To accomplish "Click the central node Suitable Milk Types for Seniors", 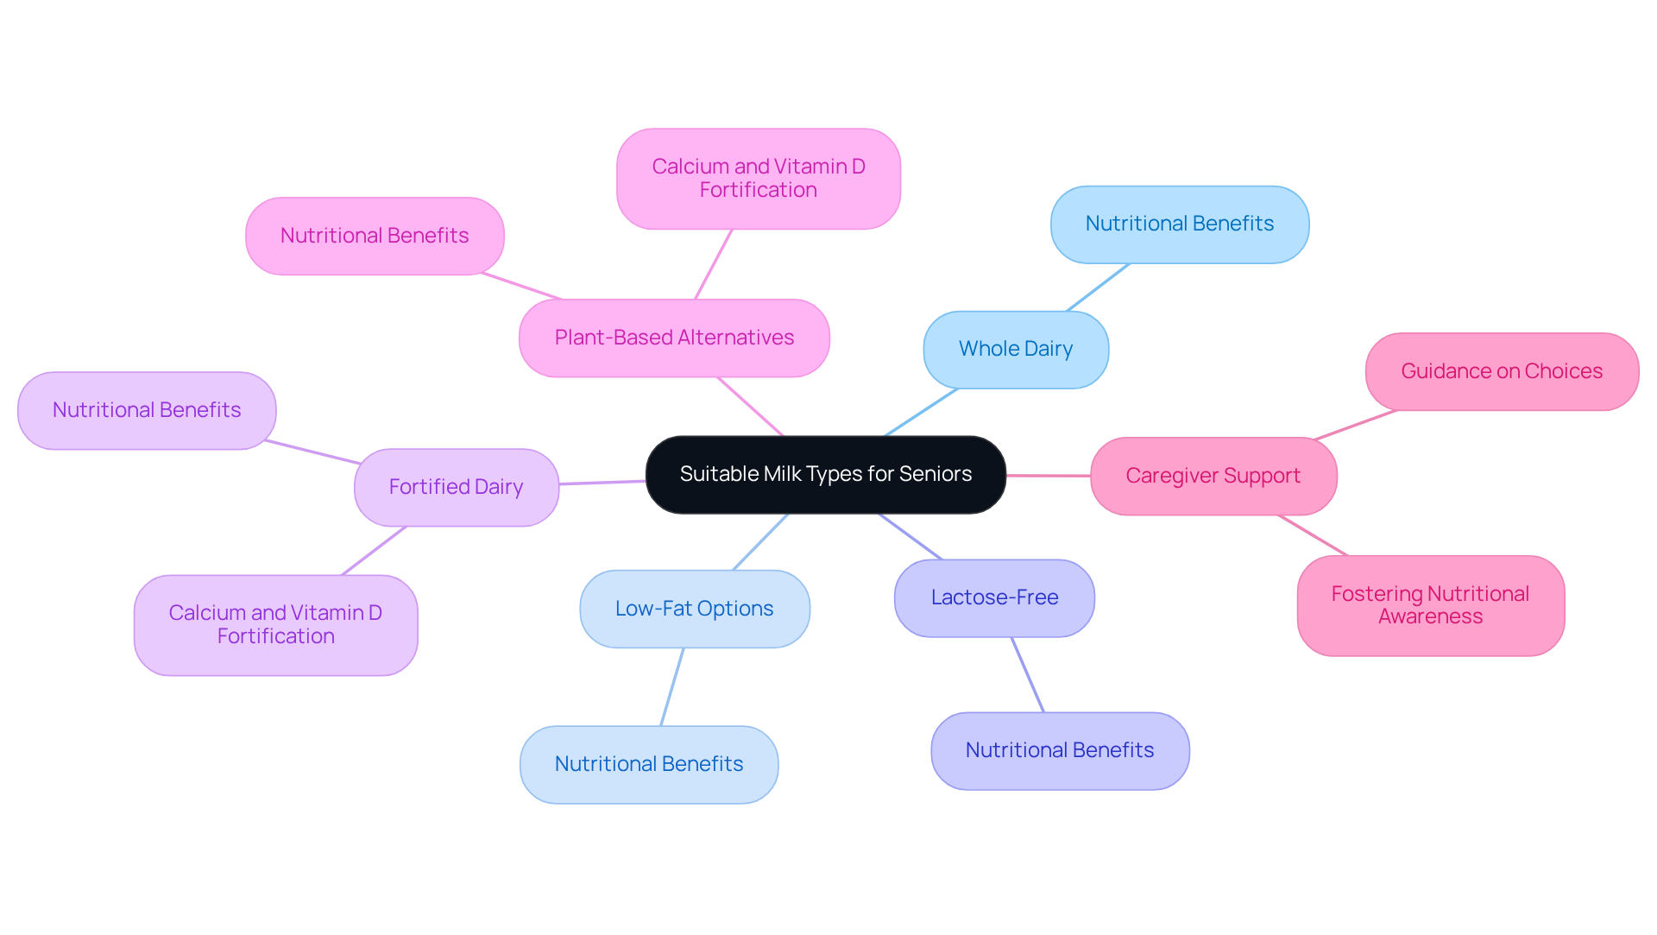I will tap(825, 474).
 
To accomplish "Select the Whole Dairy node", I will tap(1016, 350).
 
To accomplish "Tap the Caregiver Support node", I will tap(1213, 476).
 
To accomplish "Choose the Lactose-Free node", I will tap(994, 597).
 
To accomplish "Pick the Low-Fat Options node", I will tap(694, 609).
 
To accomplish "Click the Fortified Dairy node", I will tap(456, 487).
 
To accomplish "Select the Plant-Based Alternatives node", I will tap(674, 338).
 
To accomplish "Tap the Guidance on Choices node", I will tap(1502, 371).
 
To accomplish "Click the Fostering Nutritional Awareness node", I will tap(1430, 605).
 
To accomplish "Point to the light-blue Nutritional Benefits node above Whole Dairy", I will tap(1179, 224).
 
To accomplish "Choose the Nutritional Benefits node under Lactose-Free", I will tap(1060, 750).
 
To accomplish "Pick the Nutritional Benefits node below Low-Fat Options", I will tap(649, 764).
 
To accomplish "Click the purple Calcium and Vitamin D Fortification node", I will tap(275, 624).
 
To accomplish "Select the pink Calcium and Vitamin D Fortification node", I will tap(758, 179).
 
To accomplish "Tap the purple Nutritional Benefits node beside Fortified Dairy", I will tap(147, 410).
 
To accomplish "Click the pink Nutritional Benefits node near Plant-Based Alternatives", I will tap(375, 236).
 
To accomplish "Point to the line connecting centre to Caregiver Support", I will tap(1048, 476).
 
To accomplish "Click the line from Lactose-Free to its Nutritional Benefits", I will tap(1028, 675).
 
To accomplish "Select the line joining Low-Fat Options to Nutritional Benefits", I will tap(672, 686).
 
